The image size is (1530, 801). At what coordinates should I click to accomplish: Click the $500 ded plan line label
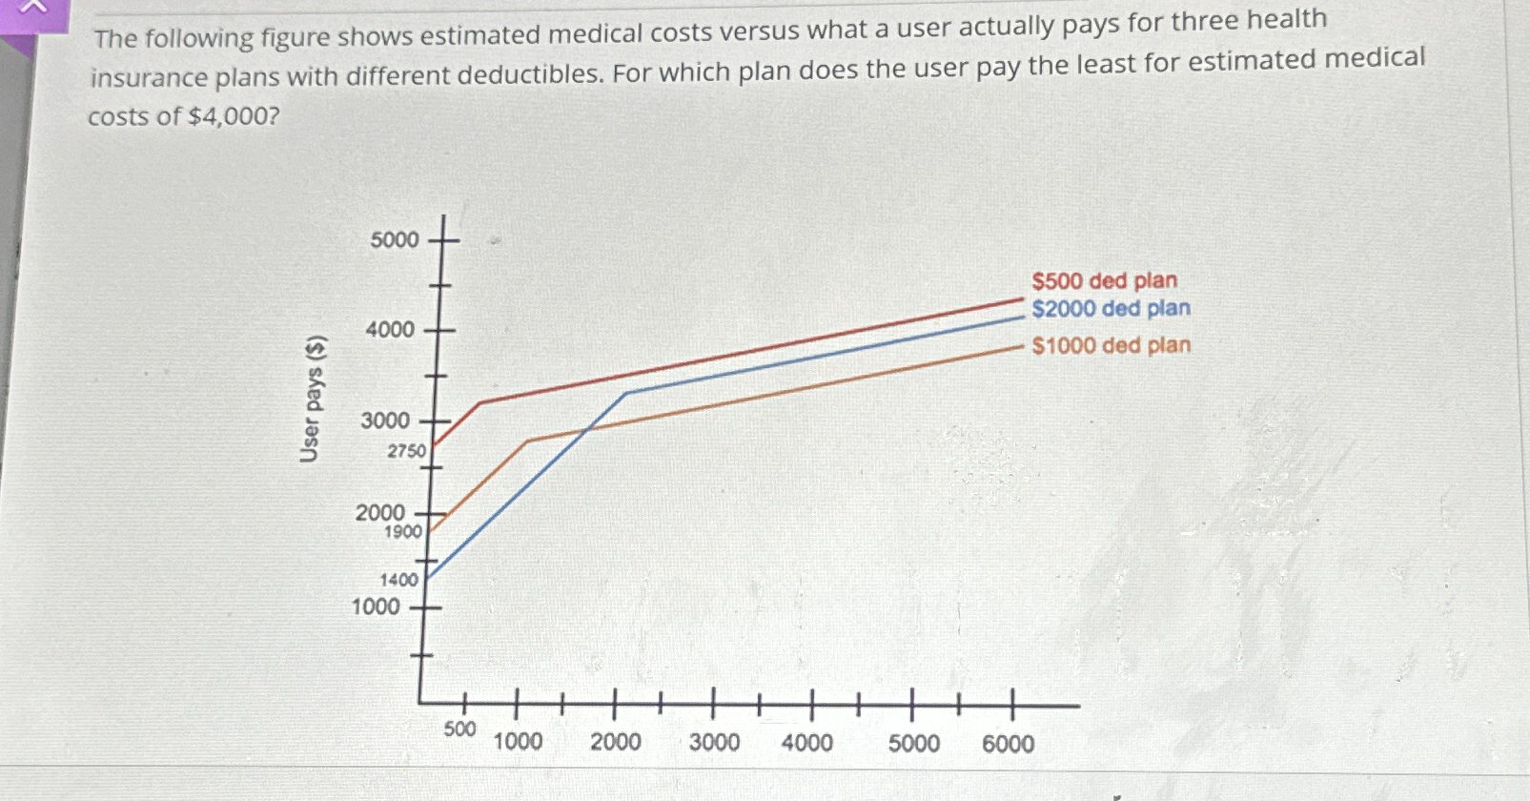pos(1104,280)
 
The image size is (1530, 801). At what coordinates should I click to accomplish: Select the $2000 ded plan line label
pos(1111,308)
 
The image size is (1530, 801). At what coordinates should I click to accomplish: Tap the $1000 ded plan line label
pos(1111,345)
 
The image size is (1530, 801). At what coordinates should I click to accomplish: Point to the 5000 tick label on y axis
pos(394,239)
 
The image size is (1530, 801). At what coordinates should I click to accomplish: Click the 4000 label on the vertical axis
pos(390,330)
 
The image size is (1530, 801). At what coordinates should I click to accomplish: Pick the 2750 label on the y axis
pos(406,451)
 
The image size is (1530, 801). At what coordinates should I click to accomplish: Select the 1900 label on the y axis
pos(402,532)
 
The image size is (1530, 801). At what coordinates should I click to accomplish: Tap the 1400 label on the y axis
pos(398,580)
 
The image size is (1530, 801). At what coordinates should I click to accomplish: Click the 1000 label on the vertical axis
pos(376,606)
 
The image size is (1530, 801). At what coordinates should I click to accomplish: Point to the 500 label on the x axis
pos(459,729)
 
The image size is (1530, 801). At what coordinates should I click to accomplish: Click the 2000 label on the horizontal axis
pos(615,742)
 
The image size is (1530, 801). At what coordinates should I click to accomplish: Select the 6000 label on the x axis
pos(1008,744)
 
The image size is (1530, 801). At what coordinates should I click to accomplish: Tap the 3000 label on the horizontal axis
pos(714,742)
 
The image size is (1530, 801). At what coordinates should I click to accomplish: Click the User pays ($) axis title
pos(312,399)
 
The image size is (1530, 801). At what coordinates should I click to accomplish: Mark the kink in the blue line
pos(626,393)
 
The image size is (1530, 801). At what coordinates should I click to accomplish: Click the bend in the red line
pos(479,402)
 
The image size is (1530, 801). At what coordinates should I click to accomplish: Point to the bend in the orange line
pos(528,441)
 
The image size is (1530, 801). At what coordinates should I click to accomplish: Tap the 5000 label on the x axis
pos(913,744)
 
